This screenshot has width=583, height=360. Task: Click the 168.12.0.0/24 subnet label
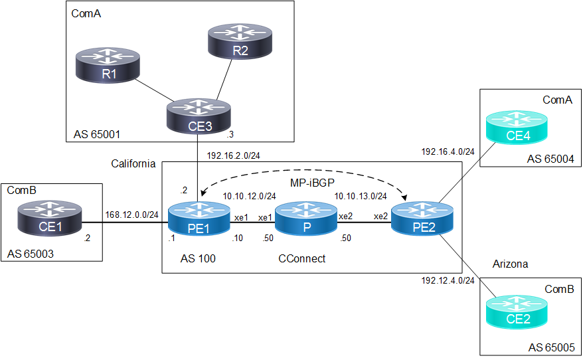[131, 214]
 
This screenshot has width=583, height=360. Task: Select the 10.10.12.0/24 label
[249, 197]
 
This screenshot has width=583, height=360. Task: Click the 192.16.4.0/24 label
[448, 151]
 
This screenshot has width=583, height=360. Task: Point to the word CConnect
[302, 258]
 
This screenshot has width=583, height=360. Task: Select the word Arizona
[510, 264]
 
